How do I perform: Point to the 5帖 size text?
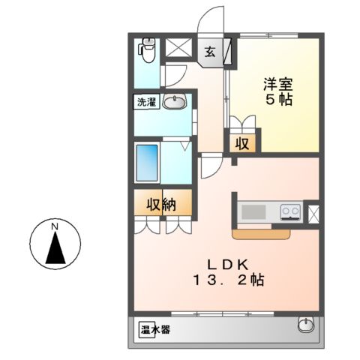click(x=277, y=100)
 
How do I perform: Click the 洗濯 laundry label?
click(x=146, y=103)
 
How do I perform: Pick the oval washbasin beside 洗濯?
click(x=175, y=103)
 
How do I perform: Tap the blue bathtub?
click(x=147, y=160)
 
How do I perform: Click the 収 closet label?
click(x=243, y=143)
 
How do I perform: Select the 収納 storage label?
click(x=160, y=204)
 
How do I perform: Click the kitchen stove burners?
click(x=291, y=212)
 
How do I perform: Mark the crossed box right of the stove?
click(x=313, y=212)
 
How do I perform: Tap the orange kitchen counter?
click(x=261, y=235)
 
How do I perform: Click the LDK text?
click(x=226, y=264)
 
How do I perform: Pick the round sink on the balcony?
click(x=305, y=325)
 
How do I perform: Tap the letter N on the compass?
click(x=54, y=226)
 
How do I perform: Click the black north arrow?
click(x=54, y=247)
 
